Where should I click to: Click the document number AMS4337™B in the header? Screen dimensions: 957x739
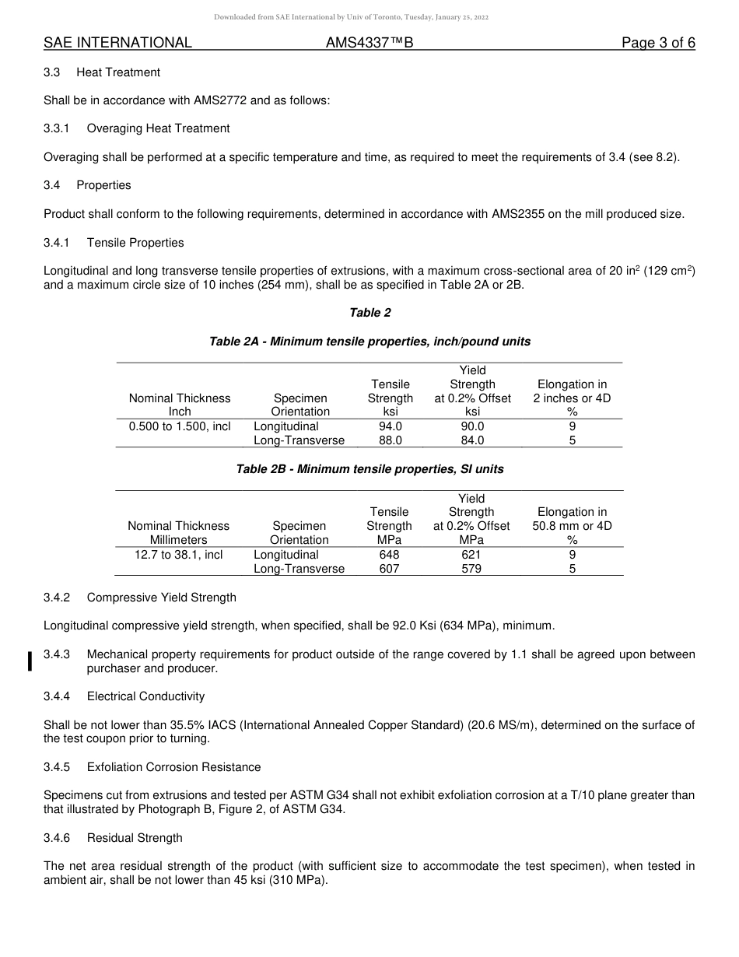[369, 44]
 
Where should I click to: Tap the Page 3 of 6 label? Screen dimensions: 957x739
[658, 44]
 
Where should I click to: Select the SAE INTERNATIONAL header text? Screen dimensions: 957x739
[117, 44]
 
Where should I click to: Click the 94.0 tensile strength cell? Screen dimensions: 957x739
[390, 426]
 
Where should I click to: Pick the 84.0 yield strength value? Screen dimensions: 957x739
[472, 440]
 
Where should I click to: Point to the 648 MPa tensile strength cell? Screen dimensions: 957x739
[389, 555]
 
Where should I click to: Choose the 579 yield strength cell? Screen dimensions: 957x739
[471, 569]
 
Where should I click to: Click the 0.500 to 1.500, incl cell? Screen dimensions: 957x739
[180, 426]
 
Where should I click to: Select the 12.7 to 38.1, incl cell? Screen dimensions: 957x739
[179, 555]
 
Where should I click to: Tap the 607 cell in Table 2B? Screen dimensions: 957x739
[389, 569]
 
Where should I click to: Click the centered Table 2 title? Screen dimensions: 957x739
[370, 313]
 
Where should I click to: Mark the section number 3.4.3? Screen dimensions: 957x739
[57, 654]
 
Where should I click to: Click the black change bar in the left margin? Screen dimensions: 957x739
[30, 661]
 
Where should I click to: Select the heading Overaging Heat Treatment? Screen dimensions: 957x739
[158, 128]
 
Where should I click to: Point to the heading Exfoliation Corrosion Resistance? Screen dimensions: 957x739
[173, 767]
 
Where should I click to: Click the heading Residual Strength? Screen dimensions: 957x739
[135, 838]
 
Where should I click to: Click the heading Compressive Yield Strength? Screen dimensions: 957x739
[161, 598]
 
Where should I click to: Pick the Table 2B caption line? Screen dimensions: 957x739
[370, 469]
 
